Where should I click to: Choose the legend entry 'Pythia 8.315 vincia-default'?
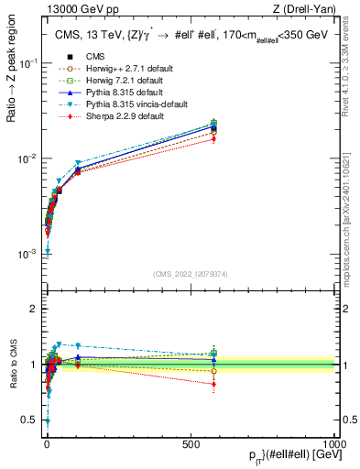pos(136,104)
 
